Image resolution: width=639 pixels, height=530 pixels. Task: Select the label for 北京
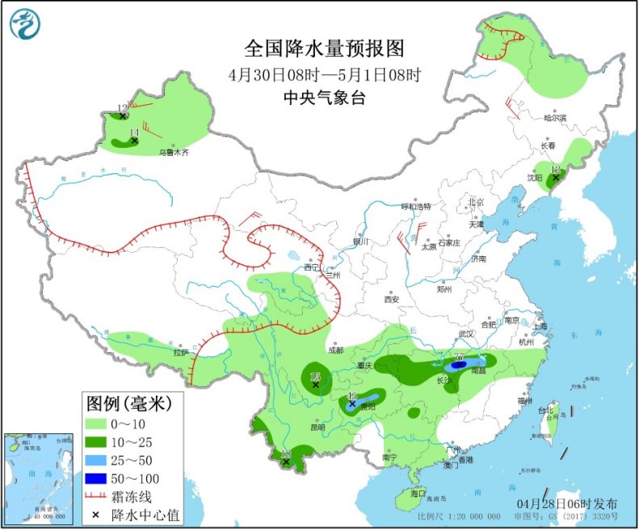474,202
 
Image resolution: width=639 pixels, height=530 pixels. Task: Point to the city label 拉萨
179,353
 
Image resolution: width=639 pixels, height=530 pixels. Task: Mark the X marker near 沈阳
555,179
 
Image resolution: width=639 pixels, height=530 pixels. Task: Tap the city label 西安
392,299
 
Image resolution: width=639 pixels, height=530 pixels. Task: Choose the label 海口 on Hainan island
417,492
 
